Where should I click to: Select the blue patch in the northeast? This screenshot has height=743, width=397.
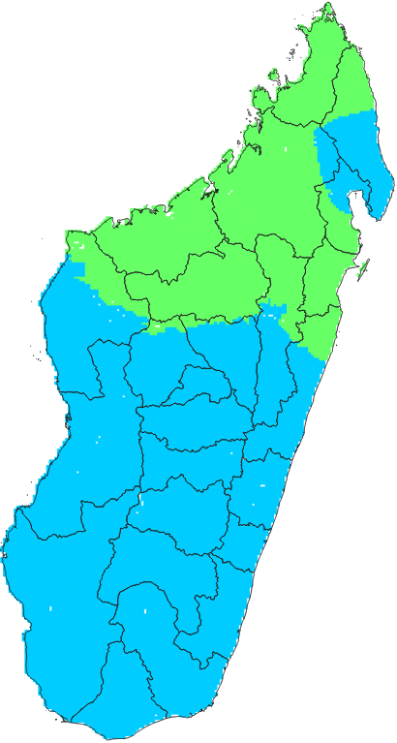click(363, 155)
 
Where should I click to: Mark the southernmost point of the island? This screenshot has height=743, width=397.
click(73, 723)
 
